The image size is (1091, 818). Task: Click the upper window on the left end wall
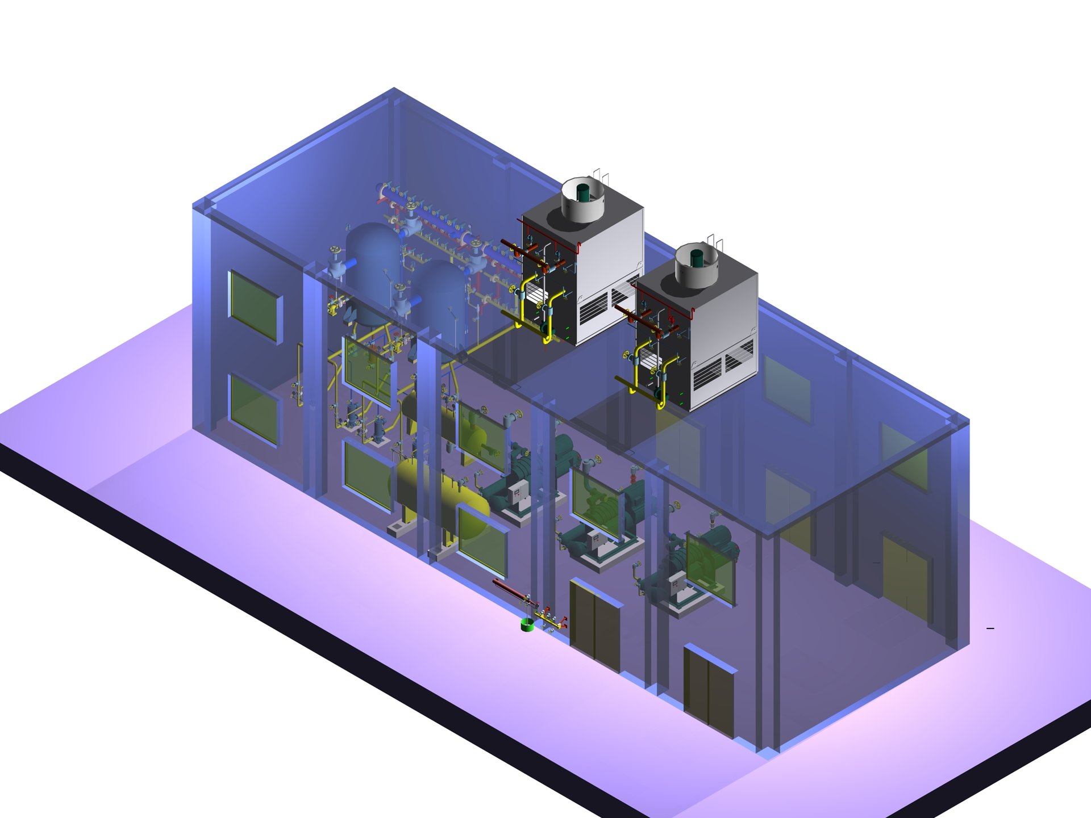coord(254,306)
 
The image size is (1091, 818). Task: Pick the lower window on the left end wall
coord(254,408)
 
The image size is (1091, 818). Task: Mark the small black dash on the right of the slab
coord(990,628)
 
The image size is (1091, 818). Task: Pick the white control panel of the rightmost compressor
coord(678,586)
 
